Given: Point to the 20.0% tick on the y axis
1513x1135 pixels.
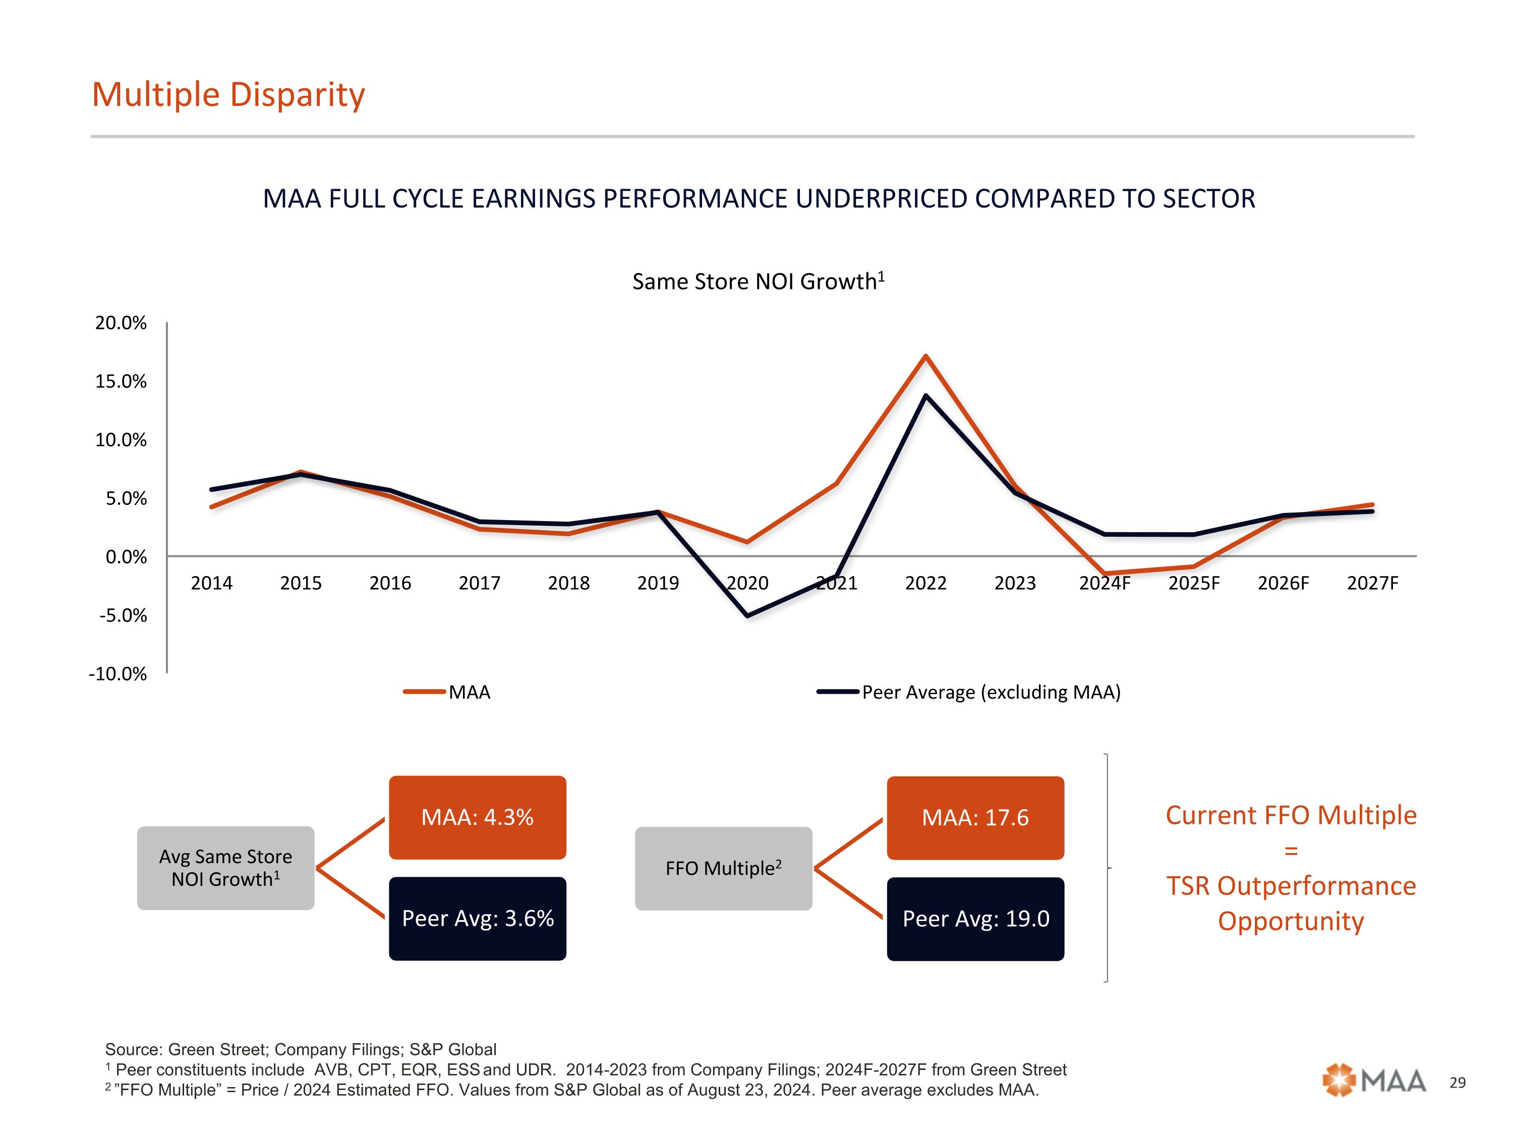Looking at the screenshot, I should [x=121, y=323].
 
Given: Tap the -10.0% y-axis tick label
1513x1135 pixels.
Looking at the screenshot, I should [x=118, y=674].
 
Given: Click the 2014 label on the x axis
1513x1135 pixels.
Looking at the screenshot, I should [x=211, y=583].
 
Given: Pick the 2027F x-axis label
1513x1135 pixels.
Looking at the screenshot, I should [x=1372, y=583].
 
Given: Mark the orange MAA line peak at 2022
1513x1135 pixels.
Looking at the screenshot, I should [x=925, y=356].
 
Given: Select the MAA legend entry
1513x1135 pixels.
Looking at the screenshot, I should [x=448, y=692].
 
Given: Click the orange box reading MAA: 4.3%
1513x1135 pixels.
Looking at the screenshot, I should [x=478, y=817].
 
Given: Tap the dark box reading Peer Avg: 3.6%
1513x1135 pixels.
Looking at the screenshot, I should [x=478, y=918].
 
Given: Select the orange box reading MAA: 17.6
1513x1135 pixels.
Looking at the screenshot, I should [x=975, y=818].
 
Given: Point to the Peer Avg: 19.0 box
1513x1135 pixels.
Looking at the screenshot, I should [x=975, y=919].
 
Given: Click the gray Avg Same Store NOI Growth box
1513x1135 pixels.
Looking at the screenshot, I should [x=226, y=868].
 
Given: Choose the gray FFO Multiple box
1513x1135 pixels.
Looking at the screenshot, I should [x=724, y=868].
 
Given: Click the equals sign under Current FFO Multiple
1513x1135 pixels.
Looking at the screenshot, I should [x=1291, y=851].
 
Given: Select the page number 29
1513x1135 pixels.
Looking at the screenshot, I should [x=1458, y=1083].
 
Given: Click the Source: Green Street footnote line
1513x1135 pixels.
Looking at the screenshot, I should [x=301, y=1049].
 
